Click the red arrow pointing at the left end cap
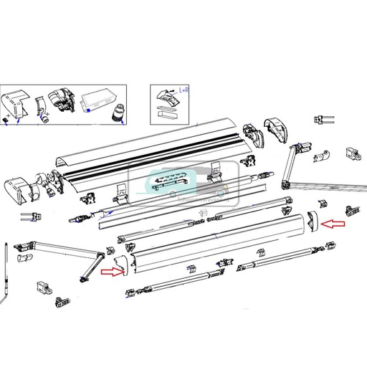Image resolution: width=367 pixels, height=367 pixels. pos(111,272)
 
